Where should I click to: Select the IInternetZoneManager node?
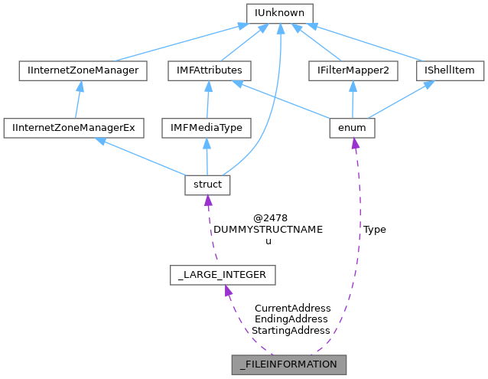point(83,70)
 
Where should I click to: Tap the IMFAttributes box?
point(204,70)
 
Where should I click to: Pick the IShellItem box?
point(450,70)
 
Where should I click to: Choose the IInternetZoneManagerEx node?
point(73,127)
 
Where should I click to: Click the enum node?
point(351,127)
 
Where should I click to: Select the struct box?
point(207,185)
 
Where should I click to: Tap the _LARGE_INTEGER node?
point(223,274)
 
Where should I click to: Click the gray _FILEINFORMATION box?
point(288,364)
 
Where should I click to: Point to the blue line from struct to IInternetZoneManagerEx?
point(145,158)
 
